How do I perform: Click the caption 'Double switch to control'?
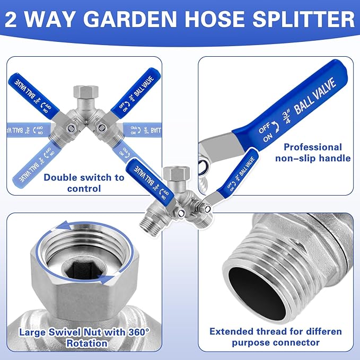point(84,182)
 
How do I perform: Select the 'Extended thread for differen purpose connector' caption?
point(275,337)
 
